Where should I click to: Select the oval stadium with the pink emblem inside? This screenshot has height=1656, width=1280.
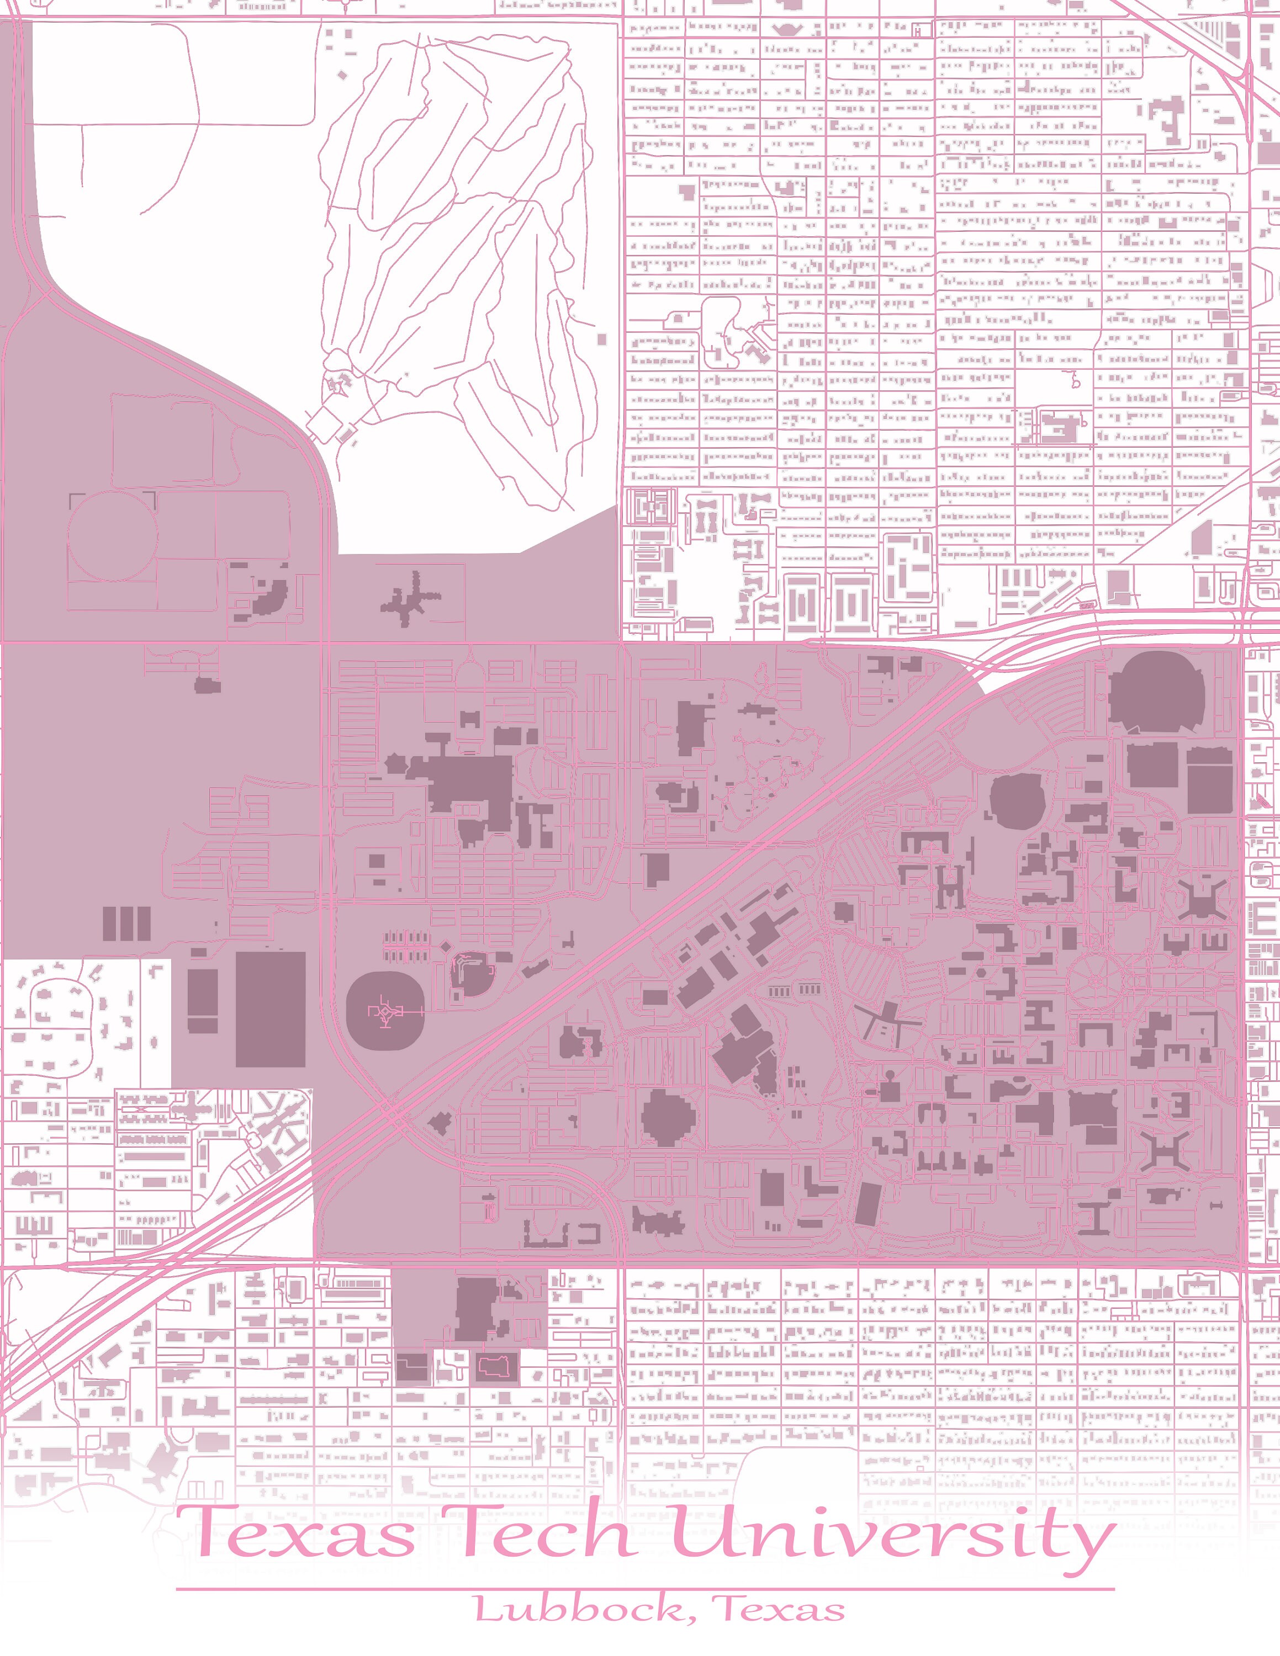pos(385,1012)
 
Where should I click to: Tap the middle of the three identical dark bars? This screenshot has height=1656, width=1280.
pos(126,924)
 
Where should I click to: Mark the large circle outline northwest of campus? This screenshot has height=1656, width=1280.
pos(112,535)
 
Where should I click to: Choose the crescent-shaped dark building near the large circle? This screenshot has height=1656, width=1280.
pos(267,598)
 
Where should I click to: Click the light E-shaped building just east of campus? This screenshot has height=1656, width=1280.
pos(1262,919)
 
